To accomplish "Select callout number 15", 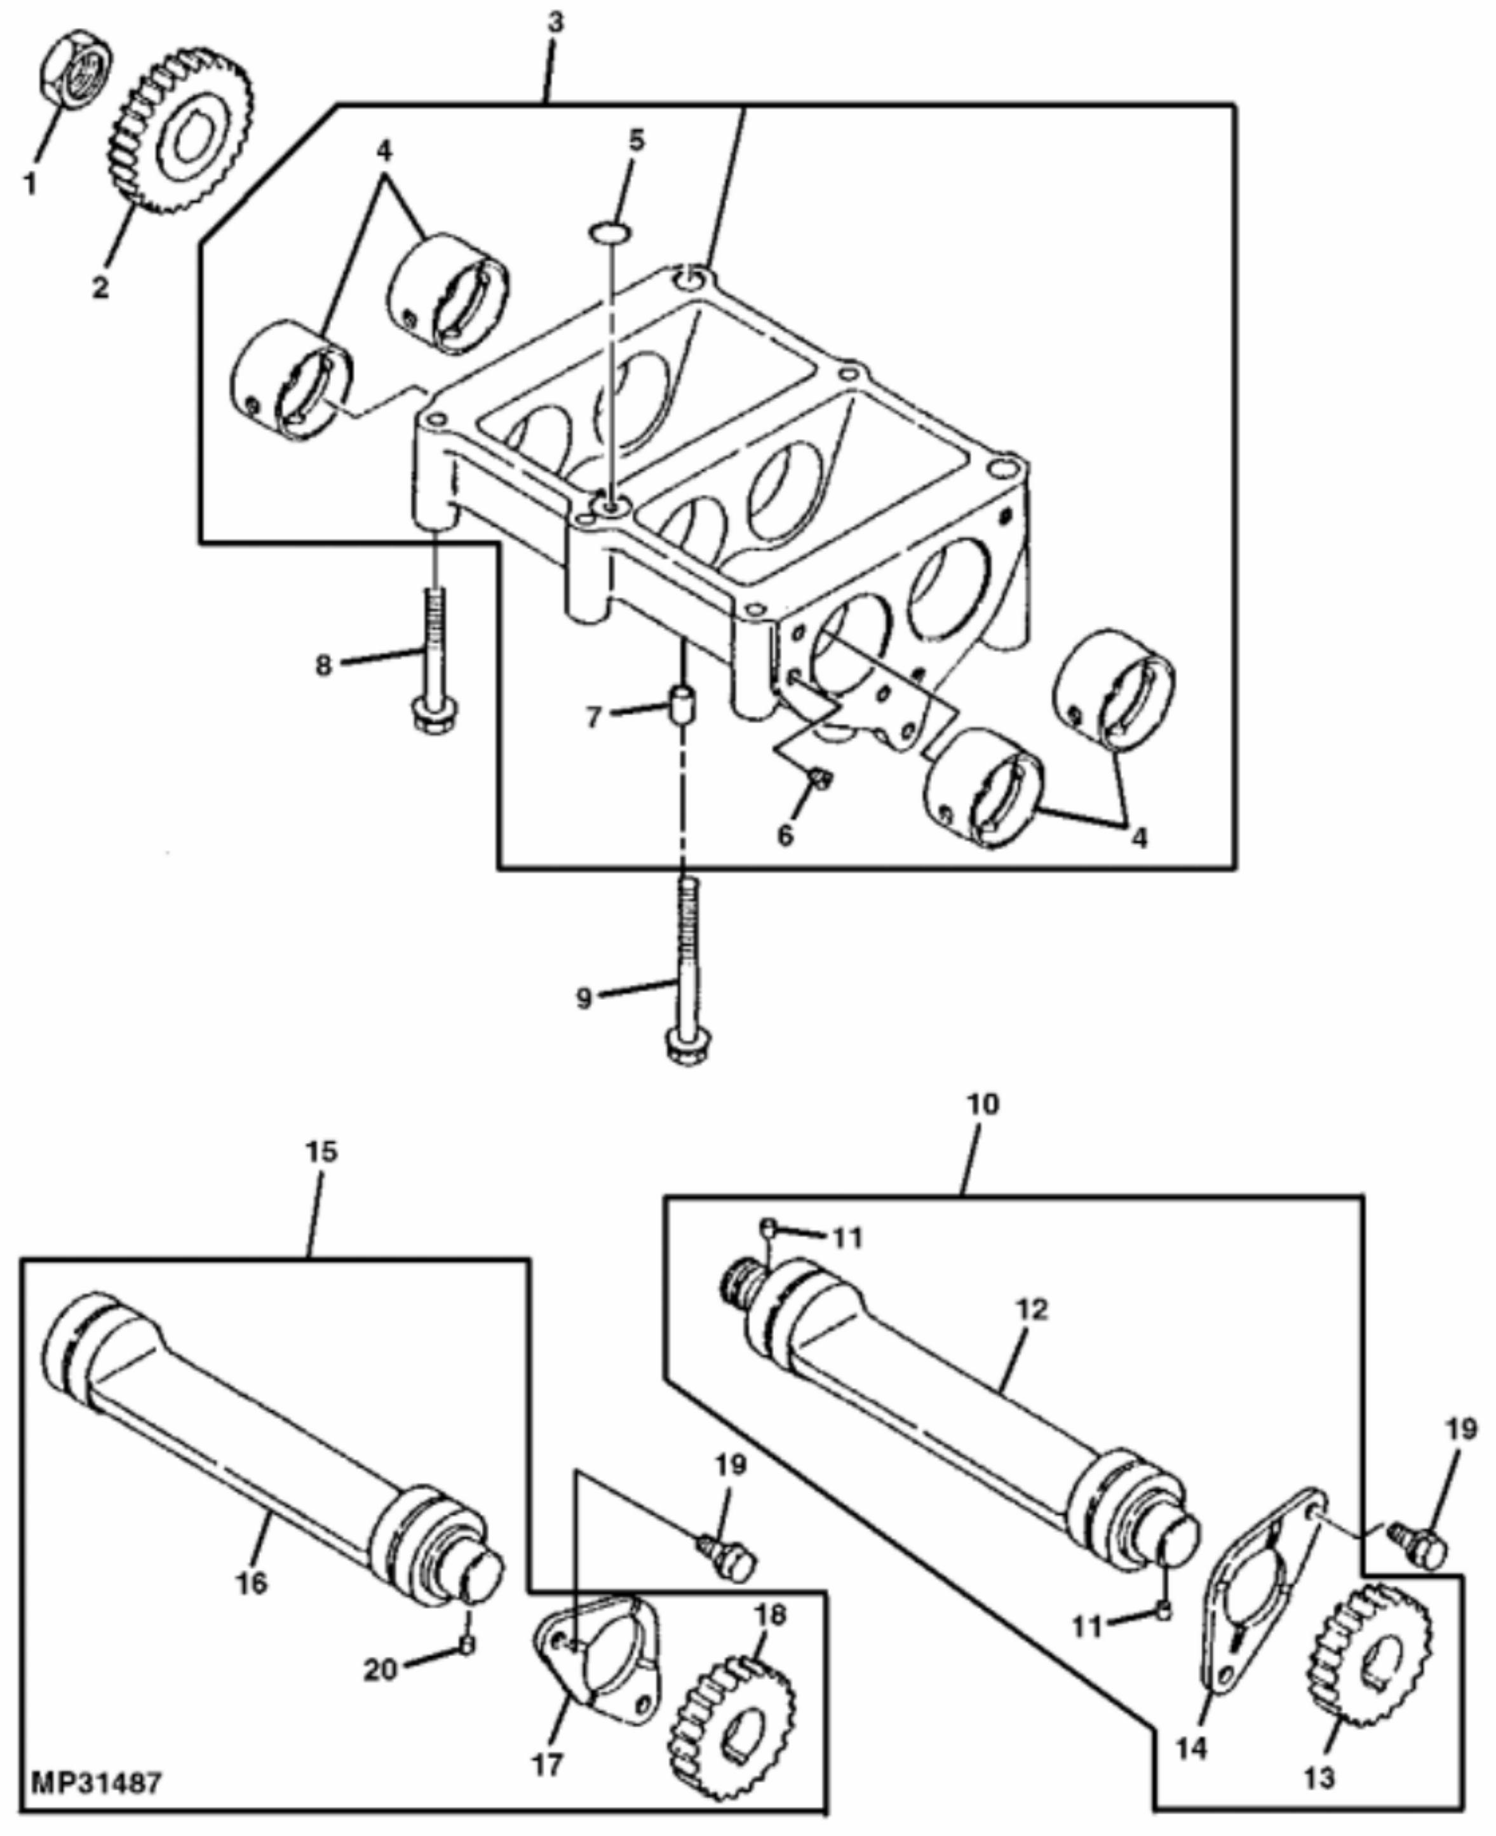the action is click(x=321, y=1152).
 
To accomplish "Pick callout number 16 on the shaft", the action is click(x=252, y=1582).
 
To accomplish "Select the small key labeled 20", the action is click(x=466, y=1645).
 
